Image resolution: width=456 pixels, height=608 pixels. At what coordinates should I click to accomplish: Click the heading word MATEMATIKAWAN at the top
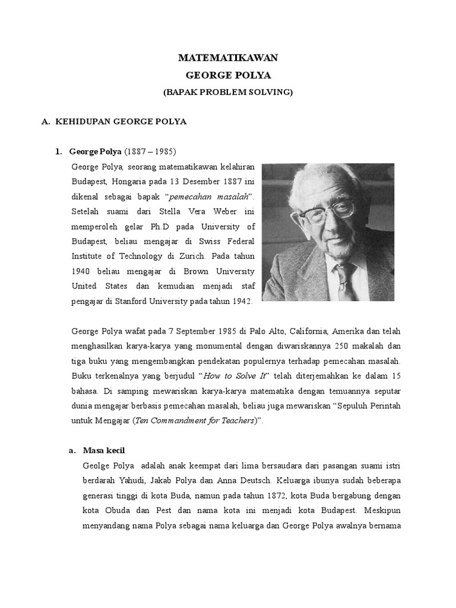click(x=228, y=58)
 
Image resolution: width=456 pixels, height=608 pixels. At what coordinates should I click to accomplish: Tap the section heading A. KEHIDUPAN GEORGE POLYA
click(x=114, y=122)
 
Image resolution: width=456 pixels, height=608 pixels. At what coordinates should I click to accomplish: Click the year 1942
click(x=243, y=302)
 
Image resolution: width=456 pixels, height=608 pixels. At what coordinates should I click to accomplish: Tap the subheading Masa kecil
click(x=104, y=450)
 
